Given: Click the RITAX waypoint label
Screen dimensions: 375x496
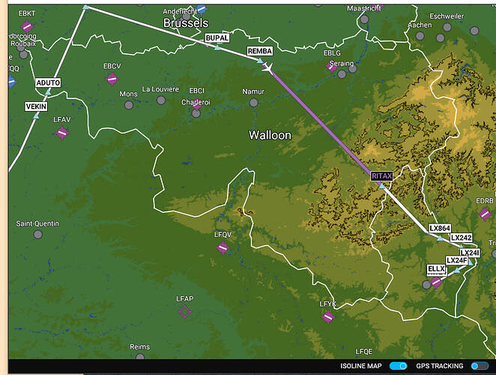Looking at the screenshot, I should point(381,175).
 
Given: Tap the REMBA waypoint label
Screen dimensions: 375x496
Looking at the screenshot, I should point(259,51).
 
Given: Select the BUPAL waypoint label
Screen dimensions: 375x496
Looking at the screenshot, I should point(217,37).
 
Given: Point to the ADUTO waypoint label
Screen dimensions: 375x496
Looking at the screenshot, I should point(48,82).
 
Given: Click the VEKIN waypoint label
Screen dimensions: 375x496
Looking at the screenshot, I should point(36,106).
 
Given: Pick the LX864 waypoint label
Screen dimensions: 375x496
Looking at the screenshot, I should point(440,228).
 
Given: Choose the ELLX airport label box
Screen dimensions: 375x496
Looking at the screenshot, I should point(436,268).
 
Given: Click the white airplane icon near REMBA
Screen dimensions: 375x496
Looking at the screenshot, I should point(267,67).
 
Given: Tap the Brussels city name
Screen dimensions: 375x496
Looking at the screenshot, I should point(185,23).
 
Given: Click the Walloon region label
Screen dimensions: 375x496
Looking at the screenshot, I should point(270,135).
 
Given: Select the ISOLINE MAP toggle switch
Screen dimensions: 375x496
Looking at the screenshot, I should point(399,365).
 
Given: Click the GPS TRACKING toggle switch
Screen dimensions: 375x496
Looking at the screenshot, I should point(479,365).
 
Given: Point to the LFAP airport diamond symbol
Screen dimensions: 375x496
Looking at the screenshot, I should point(185,312).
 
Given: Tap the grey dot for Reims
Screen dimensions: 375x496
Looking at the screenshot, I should point(139,360).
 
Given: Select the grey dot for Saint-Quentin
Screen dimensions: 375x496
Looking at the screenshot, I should point(38,235).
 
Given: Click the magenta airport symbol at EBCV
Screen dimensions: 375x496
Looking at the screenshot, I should point(112,79).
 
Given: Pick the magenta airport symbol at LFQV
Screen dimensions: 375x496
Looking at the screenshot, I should point(223,247).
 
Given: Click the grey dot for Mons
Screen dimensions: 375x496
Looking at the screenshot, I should point(129,105).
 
